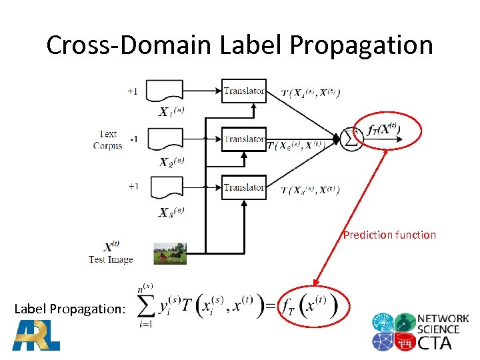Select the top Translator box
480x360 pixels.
(x=244, y=91)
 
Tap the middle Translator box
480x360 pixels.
(x=244, y=139)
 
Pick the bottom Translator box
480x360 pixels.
(x=244, y=187)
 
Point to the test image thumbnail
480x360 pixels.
(x=170, y=253)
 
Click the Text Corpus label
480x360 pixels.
(x=107, y=140)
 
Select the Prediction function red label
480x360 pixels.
(x=389, y=235)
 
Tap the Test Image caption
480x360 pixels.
(x=111, y=259)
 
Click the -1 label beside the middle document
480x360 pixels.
(x=133, y=139)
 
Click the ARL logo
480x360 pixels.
(x=36, y=335)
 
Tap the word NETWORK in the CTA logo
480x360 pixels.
(x=443, y=319)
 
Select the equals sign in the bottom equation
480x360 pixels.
(x=270, y=306)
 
